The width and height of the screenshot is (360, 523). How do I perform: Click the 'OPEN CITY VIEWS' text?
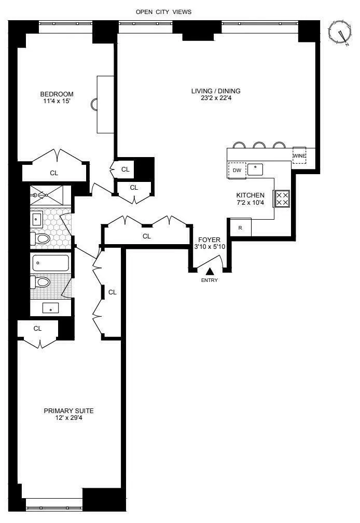pyautogui.click(x=163, y=11)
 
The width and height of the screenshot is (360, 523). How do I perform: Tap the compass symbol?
pyautogui.click(x=340, y=34)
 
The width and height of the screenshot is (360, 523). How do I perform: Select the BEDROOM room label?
pyautogui.click(x=57, y=94)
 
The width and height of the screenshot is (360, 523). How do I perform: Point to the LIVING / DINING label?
pyautogui.click(x=216, y=91)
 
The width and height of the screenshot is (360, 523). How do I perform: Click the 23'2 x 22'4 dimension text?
pyautogui.click(x=216, y=98)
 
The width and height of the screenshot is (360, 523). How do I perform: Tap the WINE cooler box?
pyautogui.click(x=299, y=156)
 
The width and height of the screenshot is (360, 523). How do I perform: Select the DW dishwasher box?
pyautogui.click(x=237, y=170)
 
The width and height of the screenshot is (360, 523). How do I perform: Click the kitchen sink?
pyautogui.click(x=255, y=169)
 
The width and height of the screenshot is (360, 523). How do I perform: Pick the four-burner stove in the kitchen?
pyautogui.click(x=282, y=197)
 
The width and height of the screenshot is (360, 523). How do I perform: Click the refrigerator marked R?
pyautogui.click(x=240, y=227)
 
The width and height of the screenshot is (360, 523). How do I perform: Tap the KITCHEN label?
pyautogui.click(x=251, y=195)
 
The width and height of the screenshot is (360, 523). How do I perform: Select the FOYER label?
pyautogui.click(x=209, y=239)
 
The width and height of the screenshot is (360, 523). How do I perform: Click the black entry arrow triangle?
pyautogui.click(x=210, y=271)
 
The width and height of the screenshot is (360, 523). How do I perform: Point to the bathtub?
pyautogui.click(x=51, y=263)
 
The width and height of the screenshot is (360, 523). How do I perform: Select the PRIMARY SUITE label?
pyautogui.click(x=68, y=411)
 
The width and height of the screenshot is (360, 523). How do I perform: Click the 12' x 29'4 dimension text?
pyautogui.click(x=68, y=418)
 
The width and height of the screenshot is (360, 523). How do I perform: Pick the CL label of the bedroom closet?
pyautogui.click(x=54, y=173)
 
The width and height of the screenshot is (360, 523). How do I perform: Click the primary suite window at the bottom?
pyautogui.click(x=54, y=508)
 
